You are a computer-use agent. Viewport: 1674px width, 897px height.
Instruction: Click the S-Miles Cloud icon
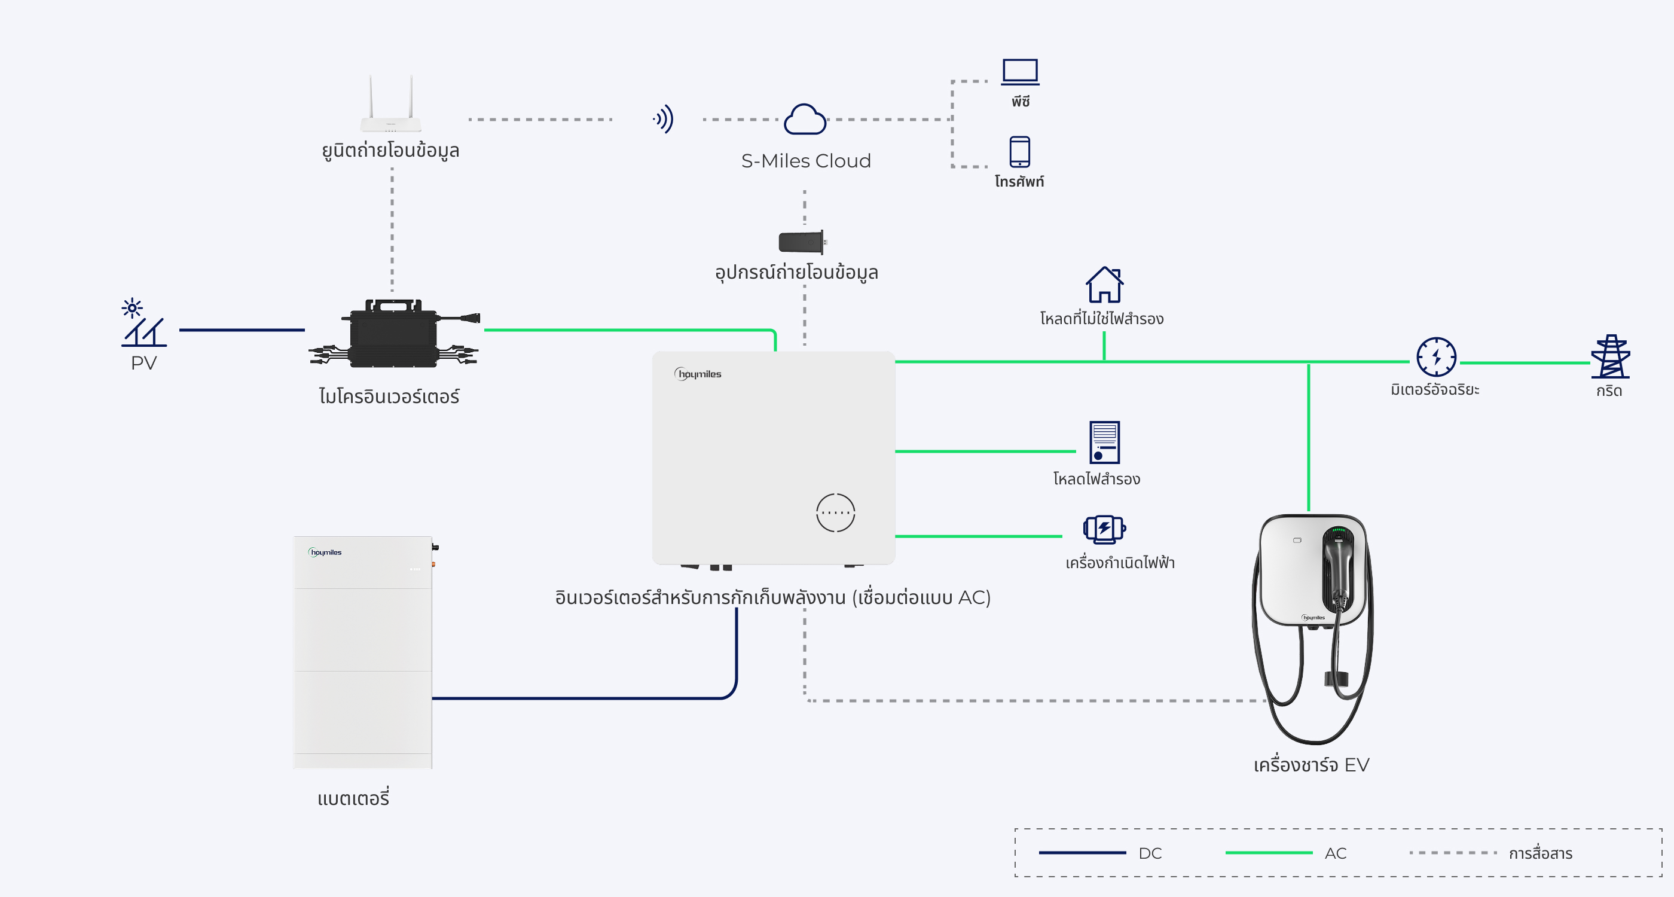pos(805,120)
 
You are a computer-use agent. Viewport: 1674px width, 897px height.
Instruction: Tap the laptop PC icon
pos(1019,72)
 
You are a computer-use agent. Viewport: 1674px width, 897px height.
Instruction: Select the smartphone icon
pos(1019,151)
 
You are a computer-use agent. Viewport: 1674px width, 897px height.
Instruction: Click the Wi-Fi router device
pos(391,106)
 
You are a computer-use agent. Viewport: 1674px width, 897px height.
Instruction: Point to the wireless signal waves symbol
pos(664,119)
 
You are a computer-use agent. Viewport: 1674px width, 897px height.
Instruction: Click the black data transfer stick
pos(802,242)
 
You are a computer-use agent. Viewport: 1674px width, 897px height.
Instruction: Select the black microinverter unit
pos(394,334)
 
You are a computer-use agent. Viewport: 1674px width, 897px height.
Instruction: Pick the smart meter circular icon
pos(1435,357)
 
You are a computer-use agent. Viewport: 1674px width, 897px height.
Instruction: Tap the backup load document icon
pos(1104,442)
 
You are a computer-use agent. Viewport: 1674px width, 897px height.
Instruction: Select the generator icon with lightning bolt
pos(1104,529)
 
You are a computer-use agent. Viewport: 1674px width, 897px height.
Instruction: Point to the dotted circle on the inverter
pos(835,512)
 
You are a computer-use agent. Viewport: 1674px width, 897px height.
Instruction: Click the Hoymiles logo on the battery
pos(325,553)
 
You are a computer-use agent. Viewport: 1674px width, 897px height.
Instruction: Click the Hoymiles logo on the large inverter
pos(698,374)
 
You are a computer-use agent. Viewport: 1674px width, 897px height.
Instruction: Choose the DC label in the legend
pos(1150,853)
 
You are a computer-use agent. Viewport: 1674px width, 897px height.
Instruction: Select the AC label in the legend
pos(1336,853)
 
